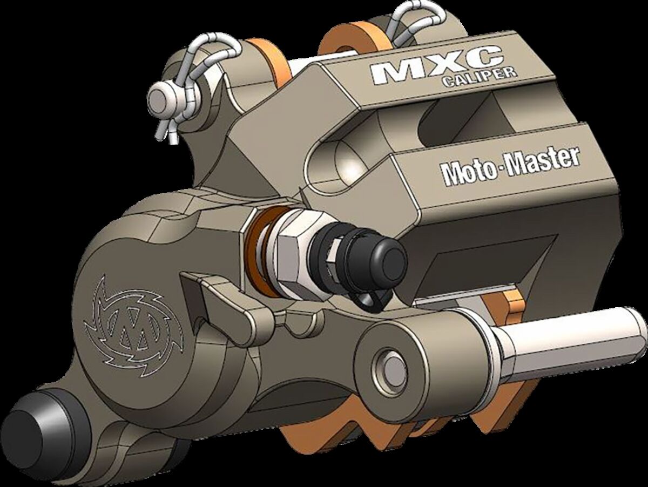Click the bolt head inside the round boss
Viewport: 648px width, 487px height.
click(x=391, y=367)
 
